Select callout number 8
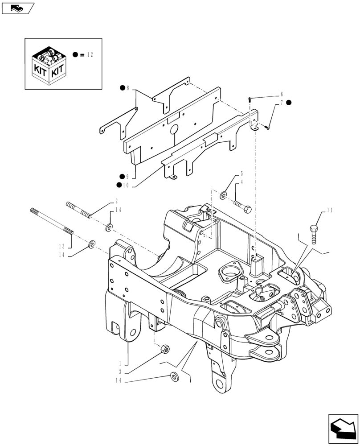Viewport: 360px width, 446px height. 128,88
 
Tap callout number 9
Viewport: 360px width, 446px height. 128,177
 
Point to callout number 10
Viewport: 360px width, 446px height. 126,185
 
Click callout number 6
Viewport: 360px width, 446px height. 281,95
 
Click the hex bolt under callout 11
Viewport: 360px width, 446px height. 314,234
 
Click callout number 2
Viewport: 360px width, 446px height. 116,201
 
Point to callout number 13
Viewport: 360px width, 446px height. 62,246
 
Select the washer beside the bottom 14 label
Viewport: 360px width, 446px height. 174,377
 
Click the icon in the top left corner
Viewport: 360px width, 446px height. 18,8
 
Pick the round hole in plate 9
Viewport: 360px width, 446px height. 174,129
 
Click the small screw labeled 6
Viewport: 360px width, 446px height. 250,99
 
